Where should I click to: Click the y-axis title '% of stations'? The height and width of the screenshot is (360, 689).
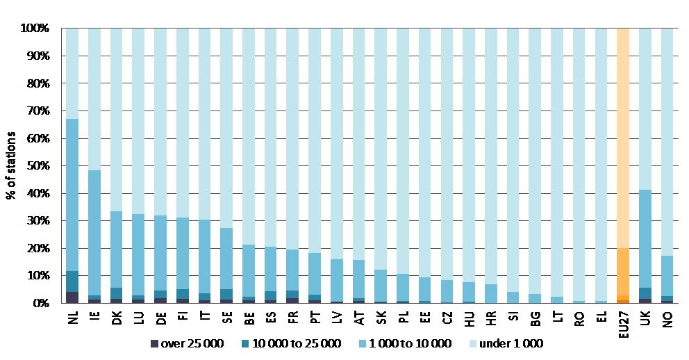click(11, 165)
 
